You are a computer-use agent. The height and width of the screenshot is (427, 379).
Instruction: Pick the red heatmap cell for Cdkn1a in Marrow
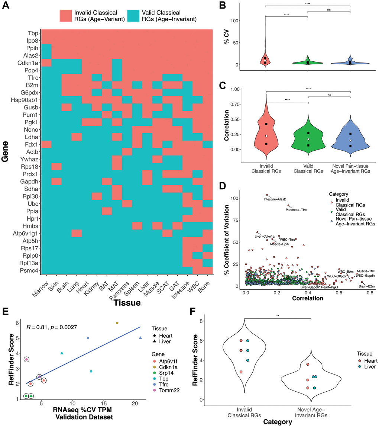[46, 62]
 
